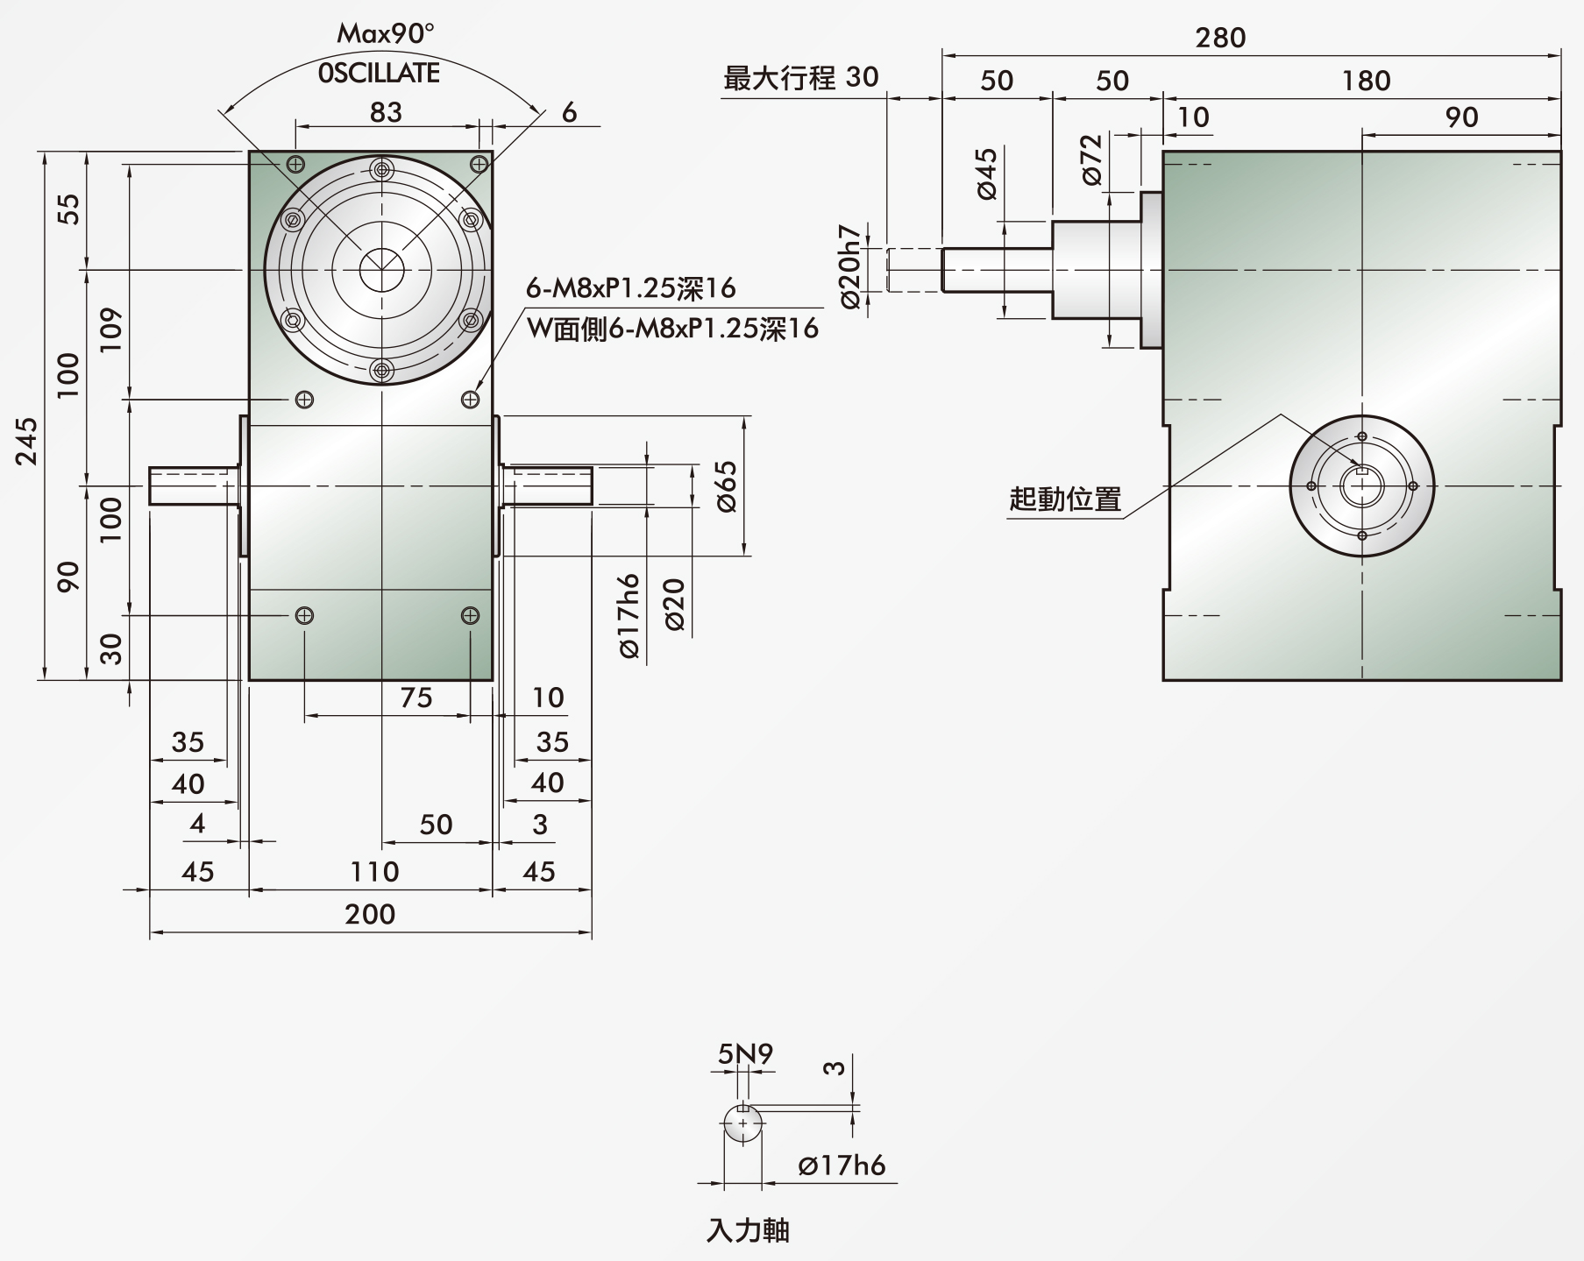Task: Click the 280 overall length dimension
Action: point(1220,38)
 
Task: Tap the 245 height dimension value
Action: point(27,441)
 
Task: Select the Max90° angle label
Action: point(386,34)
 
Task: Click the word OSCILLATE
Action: point(379,73)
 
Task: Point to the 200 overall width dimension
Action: point(370,914)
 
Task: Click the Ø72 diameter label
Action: point(1090,159)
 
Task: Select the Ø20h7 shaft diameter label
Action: point(850,266)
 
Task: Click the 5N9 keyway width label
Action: point(745,1053)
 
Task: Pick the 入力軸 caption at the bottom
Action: point(748,1230)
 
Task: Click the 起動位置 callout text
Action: point(1065,499)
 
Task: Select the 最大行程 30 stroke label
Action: point(800,77)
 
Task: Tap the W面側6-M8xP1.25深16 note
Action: point(672,328)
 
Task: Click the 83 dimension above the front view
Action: point(386,112)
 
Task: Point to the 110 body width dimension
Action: point(374,871)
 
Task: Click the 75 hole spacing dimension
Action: point(416,698)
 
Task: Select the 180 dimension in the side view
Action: point(1366,81)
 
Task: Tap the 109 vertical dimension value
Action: point(111,330)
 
